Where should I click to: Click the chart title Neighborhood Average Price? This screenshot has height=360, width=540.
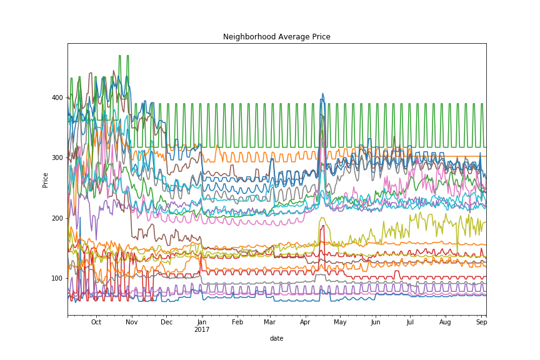click(x=277, y=37)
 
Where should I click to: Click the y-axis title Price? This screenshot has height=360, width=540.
click(x=46, y=179)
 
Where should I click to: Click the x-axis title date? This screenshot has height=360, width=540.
click(x=276, y=338)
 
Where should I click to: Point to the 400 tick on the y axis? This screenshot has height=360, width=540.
click(x=58, y=97)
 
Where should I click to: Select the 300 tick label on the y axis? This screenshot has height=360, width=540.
click(x=58, y=157)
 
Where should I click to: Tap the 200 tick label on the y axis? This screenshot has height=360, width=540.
click(x=58, y=218)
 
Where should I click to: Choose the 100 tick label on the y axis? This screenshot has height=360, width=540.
click(x=58, y=278)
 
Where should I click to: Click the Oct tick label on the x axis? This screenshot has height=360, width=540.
click(x=96, y=322)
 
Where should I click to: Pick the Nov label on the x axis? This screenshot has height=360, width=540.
click(x=131, y=322)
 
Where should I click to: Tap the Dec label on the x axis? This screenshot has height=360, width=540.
click(x=166, y=322)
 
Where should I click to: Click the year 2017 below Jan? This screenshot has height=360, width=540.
click(x=202, y=329)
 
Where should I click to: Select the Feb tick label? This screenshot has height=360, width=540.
click(x=237, y=322)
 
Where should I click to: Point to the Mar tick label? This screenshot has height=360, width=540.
click(x=269, y=322)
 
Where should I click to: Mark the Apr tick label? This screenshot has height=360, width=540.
click(x=305, y=322)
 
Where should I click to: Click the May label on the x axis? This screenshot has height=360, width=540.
click(x=339, y=322)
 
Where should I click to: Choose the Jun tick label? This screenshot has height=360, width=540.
click(x=375, y=322)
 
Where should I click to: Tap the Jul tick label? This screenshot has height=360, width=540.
click(x=409, y=322)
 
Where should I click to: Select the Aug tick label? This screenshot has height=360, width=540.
click(x=445, y=322)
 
